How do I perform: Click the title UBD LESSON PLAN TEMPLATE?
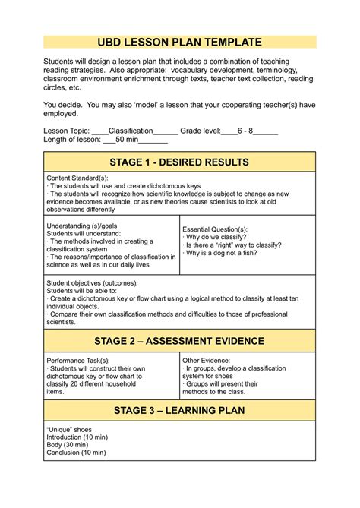pyautogui.click(x=179, y=43)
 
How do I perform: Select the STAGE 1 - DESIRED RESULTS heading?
pyautogui.click(x=179, y=162)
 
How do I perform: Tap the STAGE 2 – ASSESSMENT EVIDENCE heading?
pyautogui.click(x=179, y=341)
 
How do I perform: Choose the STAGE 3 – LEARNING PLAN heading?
pyautogui.click(x=179, y=412)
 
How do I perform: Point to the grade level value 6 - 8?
pyautogui.click(x=245, y=131)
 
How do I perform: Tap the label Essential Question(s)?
pyautogui.click(x=215, y=229)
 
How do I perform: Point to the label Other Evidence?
pyautogui.click(x=210, y=360)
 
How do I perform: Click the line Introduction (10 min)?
pyautogui.click(x=77, y=437)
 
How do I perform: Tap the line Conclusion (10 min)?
pyautogui.click(x=76, y=453)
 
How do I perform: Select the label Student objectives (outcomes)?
pyautogui.click(x=93, y=282)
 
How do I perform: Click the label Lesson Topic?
pyautogui.click(x=67, y=131)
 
